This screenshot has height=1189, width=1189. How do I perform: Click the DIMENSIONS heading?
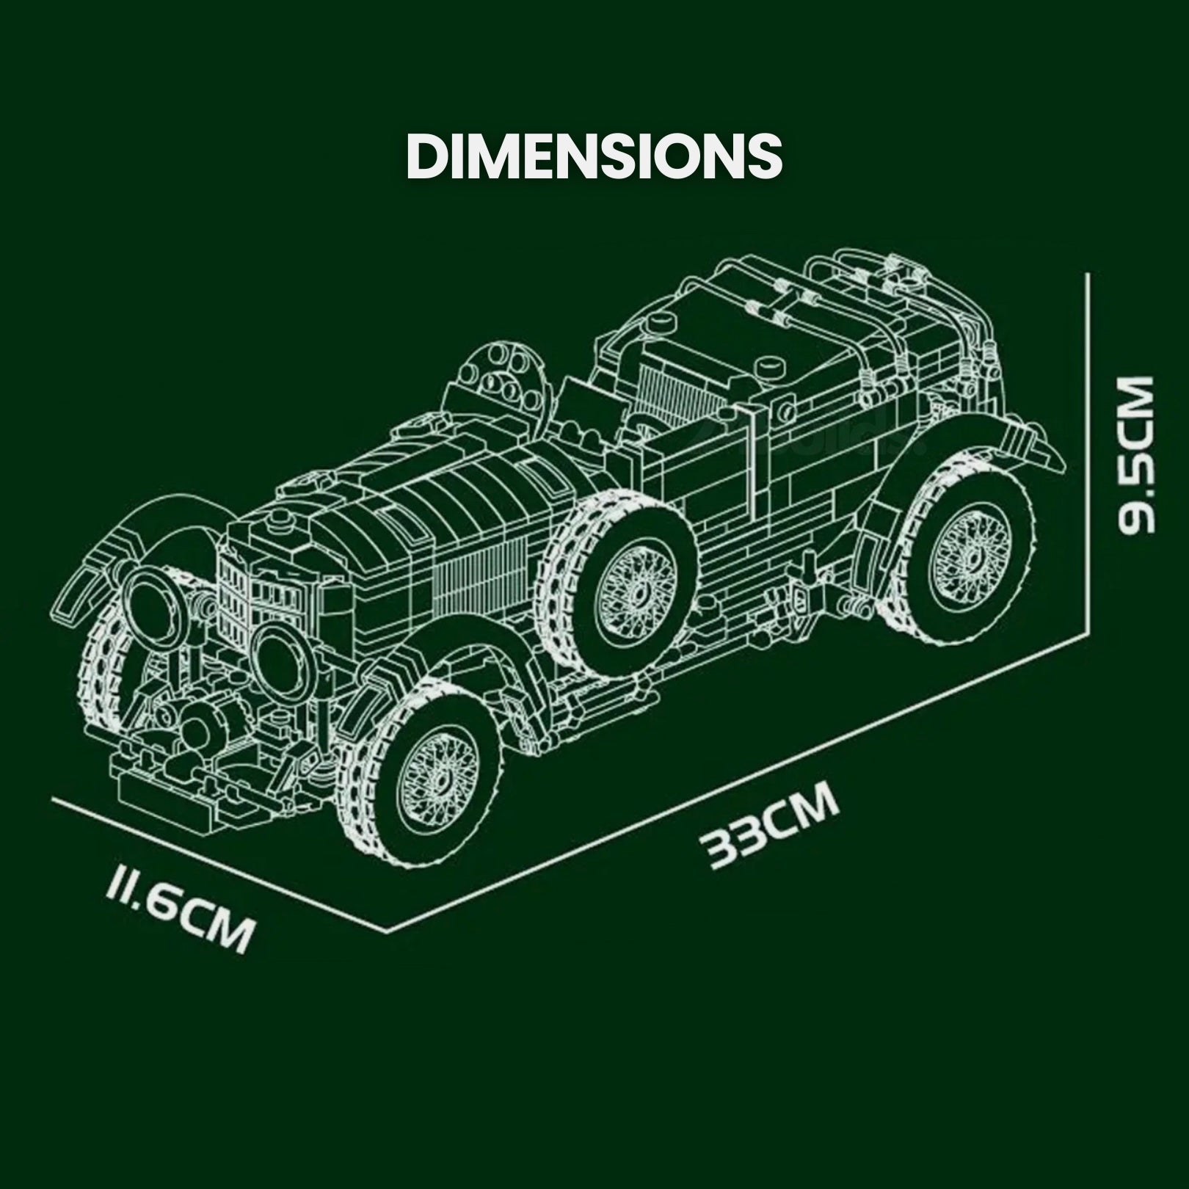594,156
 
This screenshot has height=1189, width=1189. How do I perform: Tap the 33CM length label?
770,825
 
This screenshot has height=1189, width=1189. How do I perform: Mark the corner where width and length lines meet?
387,930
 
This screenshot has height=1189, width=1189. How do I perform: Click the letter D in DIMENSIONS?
426,156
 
